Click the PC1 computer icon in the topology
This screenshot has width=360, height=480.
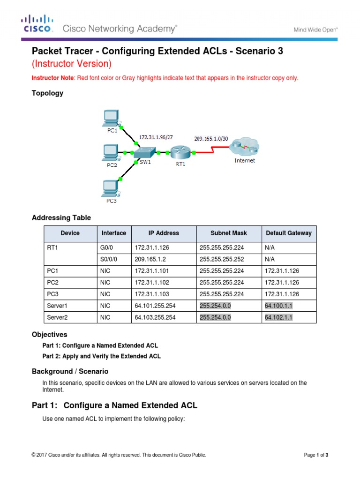pos(111,118)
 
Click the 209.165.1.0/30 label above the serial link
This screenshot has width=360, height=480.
pos(211,138)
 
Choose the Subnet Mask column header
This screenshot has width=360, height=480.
pos(228,233)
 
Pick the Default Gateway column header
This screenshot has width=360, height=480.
pos(288,233)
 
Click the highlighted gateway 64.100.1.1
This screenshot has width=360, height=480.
pos(278,306)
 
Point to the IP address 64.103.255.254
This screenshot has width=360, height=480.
pos(155,317)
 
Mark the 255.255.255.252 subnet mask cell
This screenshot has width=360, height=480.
pos(222,259)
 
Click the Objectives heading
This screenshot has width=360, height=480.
pos(49,335)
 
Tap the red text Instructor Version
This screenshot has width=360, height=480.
pos(71,63)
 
